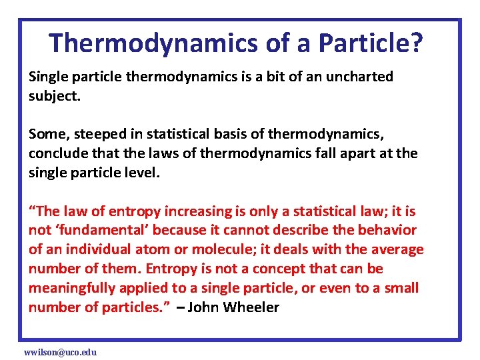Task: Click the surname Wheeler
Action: coord(251,308)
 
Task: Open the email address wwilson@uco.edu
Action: coord(60,351)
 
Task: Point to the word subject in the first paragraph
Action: coord(52,96)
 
